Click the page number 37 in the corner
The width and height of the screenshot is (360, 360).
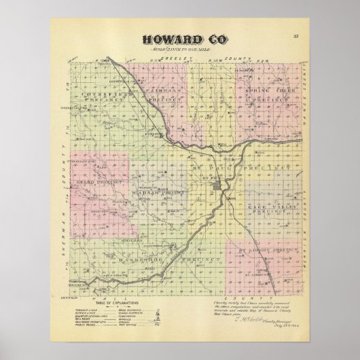click(x=296, y=35)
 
